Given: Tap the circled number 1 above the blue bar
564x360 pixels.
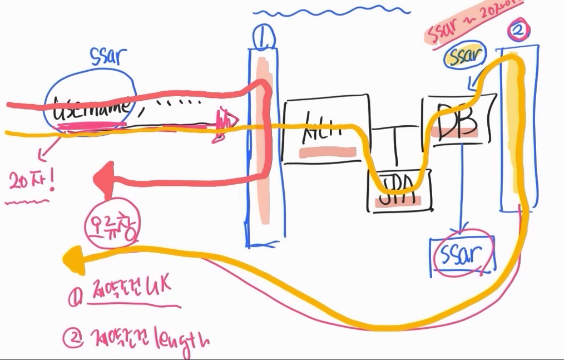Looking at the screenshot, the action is [x=261, y=38].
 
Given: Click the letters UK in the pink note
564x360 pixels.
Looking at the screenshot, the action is [x=156, y=288].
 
